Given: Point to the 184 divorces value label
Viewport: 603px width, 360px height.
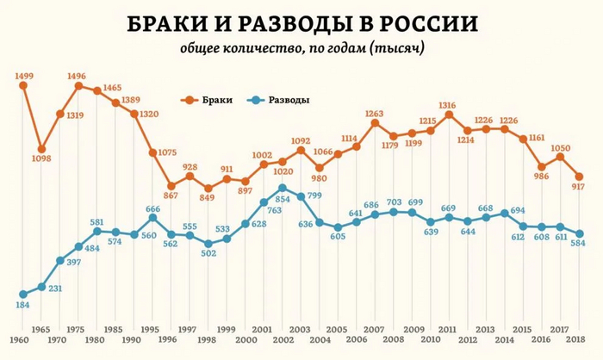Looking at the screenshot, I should coord(22,306).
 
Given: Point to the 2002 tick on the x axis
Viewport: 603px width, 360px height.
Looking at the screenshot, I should coord(282,340).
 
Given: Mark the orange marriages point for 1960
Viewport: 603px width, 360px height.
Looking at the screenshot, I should coord(22,85).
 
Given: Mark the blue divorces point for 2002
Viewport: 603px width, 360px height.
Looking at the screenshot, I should coord(282,188).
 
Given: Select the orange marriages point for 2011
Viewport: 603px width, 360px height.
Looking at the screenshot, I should coord(449,115).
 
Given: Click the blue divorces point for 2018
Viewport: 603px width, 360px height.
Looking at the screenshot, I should coord(579,233).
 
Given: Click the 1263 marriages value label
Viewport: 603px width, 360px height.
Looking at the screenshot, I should coord(375,113).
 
